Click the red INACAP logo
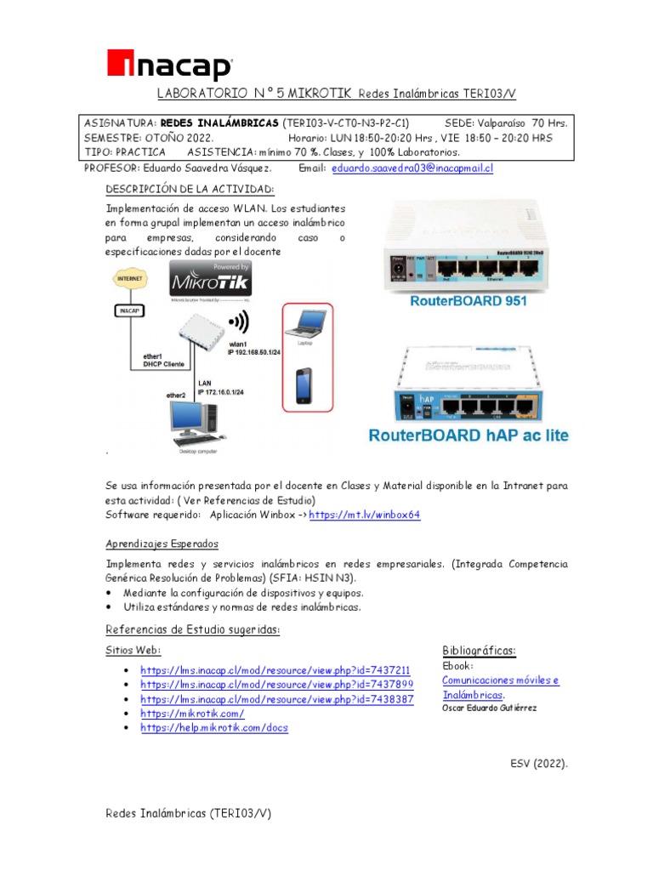coord(169,65)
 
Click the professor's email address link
coord(412,168)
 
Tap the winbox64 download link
coord(365,515)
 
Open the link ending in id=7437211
coord(275,669)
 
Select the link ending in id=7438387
coord(276,698)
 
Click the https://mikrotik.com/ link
coord(192,714)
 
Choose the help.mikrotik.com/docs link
coord(214,728)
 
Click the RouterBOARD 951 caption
coord(468,300)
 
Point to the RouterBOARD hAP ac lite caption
coord(468,435)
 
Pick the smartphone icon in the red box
coord(303,384)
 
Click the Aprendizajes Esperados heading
coord(162,544)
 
